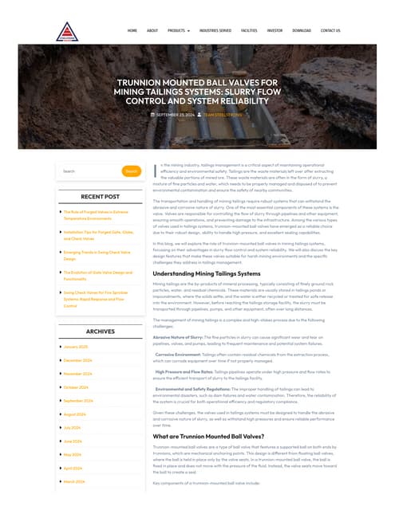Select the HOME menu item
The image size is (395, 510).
click(132, 30)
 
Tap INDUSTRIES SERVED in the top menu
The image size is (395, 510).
click(215, 30)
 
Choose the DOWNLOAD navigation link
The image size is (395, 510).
click(302, 30)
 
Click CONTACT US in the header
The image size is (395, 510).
click(330, 30)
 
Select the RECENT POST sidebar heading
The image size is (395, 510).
click(100, 196)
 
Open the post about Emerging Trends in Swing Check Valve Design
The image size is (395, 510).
click(97, 255)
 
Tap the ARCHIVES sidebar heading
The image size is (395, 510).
click(100, 331)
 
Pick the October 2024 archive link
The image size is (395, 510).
click(76, 387)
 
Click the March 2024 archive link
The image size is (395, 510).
click(74, 481)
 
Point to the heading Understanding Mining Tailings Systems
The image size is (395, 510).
click(206, 273)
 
